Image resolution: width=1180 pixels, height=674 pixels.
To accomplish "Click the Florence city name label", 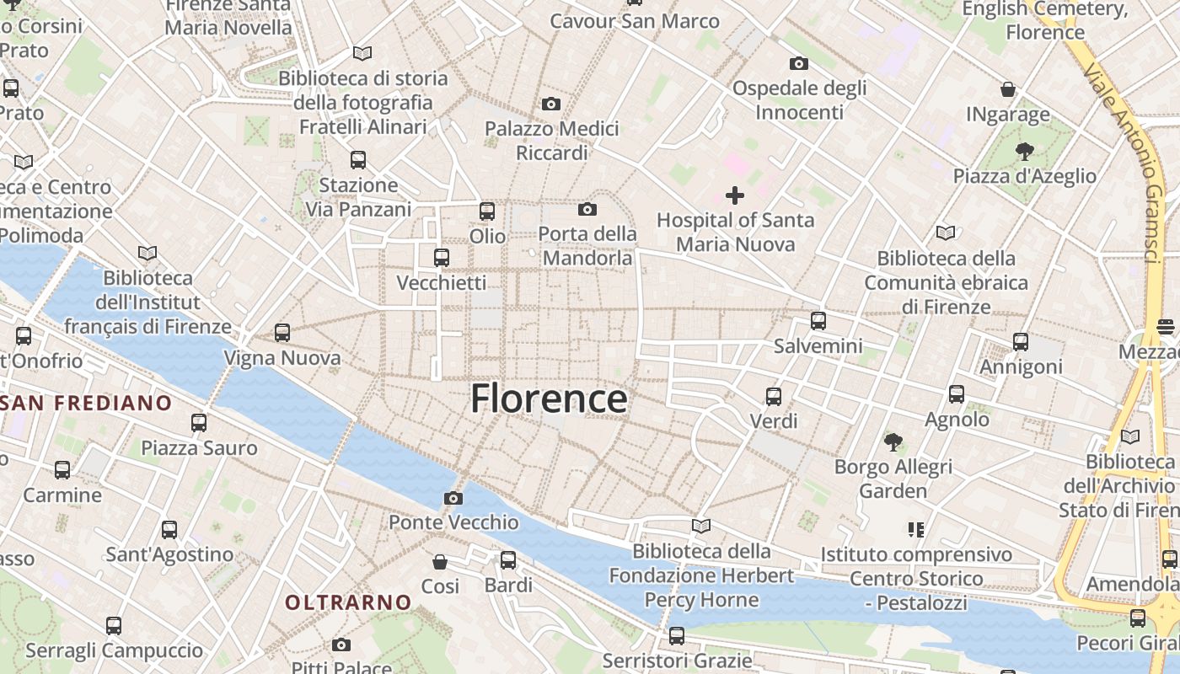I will click(x=549, y=399).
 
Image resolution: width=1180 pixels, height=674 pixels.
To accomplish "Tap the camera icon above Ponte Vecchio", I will click(x=453, y=498).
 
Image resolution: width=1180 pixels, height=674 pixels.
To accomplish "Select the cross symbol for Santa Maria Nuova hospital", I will click(x=735, y=195).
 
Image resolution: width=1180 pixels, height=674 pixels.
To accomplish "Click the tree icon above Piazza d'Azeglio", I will click(x=1024, y=152).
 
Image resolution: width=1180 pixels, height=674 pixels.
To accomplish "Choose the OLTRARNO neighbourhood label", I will click(x=348, y=602).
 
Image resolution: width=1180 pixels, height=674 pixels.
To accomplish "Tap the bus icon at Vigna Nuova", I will click(x=282, y=333).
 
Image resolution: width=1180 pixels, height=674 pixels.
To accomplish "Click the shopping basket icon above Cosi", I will click(x=440, y=561).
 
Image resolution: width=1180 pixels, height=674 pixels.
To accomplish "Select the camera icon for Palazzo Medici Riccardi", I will click(x=551, y=104).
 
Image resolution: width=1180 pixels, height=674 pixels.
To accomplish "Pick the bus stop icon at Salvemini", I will click(x=818, y=321).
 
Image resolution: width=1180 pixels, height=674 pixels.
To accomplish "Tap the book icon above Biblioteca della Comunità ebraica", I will click(x=946, y=233).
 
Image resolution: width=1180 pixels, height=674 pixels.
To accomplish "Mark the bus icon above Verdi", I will click(x=774, y=396).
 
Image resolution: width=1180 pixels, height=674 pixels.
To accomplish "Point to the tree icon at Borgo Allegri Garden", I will click(x=893, y=441).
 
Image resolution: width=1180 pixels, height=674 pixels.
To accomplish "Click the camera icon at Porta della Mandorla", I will click(x=587, y=209).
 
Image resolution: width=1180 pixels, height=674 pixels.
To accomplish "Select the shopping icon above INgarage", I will click(x=1008, y=89).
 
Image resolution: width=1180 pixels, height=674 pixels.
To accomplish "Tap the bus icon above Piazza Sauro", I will click(x=199, y=423).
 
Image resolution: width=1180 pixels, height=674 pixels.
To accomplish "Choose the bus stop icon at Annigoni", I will click(x=1021, y=342).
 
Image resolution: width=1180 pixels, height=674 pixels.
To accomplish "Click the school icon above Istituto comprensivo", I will click(x=916, y=529).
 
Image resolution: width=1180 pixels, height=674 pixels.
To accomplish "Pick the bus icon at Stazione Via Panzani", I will click(x=358, y=160).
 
